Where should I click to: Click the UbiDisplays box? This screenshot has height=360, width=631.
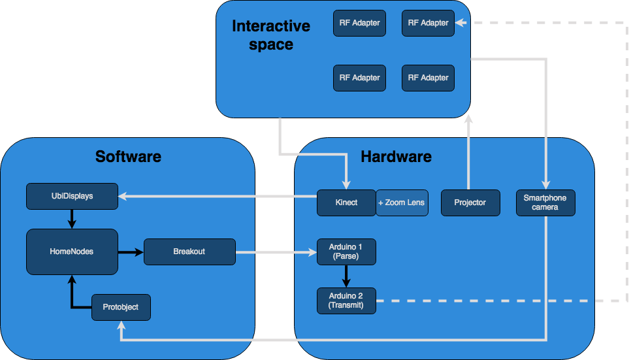(x=72, y=196)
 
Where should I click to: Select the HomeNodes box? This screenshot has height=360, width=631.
(x=72, y=252)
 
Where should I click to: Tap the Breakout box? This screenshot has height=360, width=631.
(x=189, y=252)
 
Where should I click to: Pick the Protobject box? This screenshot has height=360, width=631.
(x=121, y=307)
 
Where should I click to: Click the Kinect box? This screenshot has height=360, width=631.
(x=346, y=203)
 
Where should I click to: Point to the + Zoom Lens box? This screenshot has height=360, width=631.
(x=402, y=203)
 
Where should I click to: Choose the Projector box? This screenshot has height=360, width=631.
(x=470, y=203)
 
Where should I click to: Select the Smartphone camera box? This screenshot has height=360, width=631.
(x=545, y=203)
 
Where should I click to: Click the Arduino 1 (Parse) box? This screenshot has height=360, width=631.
(x=346, y=252)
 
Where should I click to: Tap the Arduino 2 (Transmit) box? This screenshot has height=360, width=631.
(x=346, y=301)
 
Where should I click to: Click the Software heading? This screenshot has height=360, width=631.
(x=128, y=157)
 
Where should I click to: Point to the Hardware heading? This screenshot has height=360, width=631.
(x=396, y=157)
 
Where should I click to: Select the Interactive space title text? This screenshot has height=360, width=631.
(x=271, y=35)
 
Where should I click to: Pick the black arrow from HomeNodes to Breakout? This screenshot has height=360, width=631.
(x=131, y=252)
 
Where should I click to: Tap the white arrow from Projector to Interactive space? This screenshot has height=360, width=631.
(x=468, y=154)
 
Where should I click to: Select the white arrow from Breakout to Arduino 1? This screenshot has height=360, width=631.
(x=274, y=252)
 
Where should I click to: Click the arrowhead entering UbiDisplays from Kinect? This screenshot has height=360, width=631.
(x=123, y=195)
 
